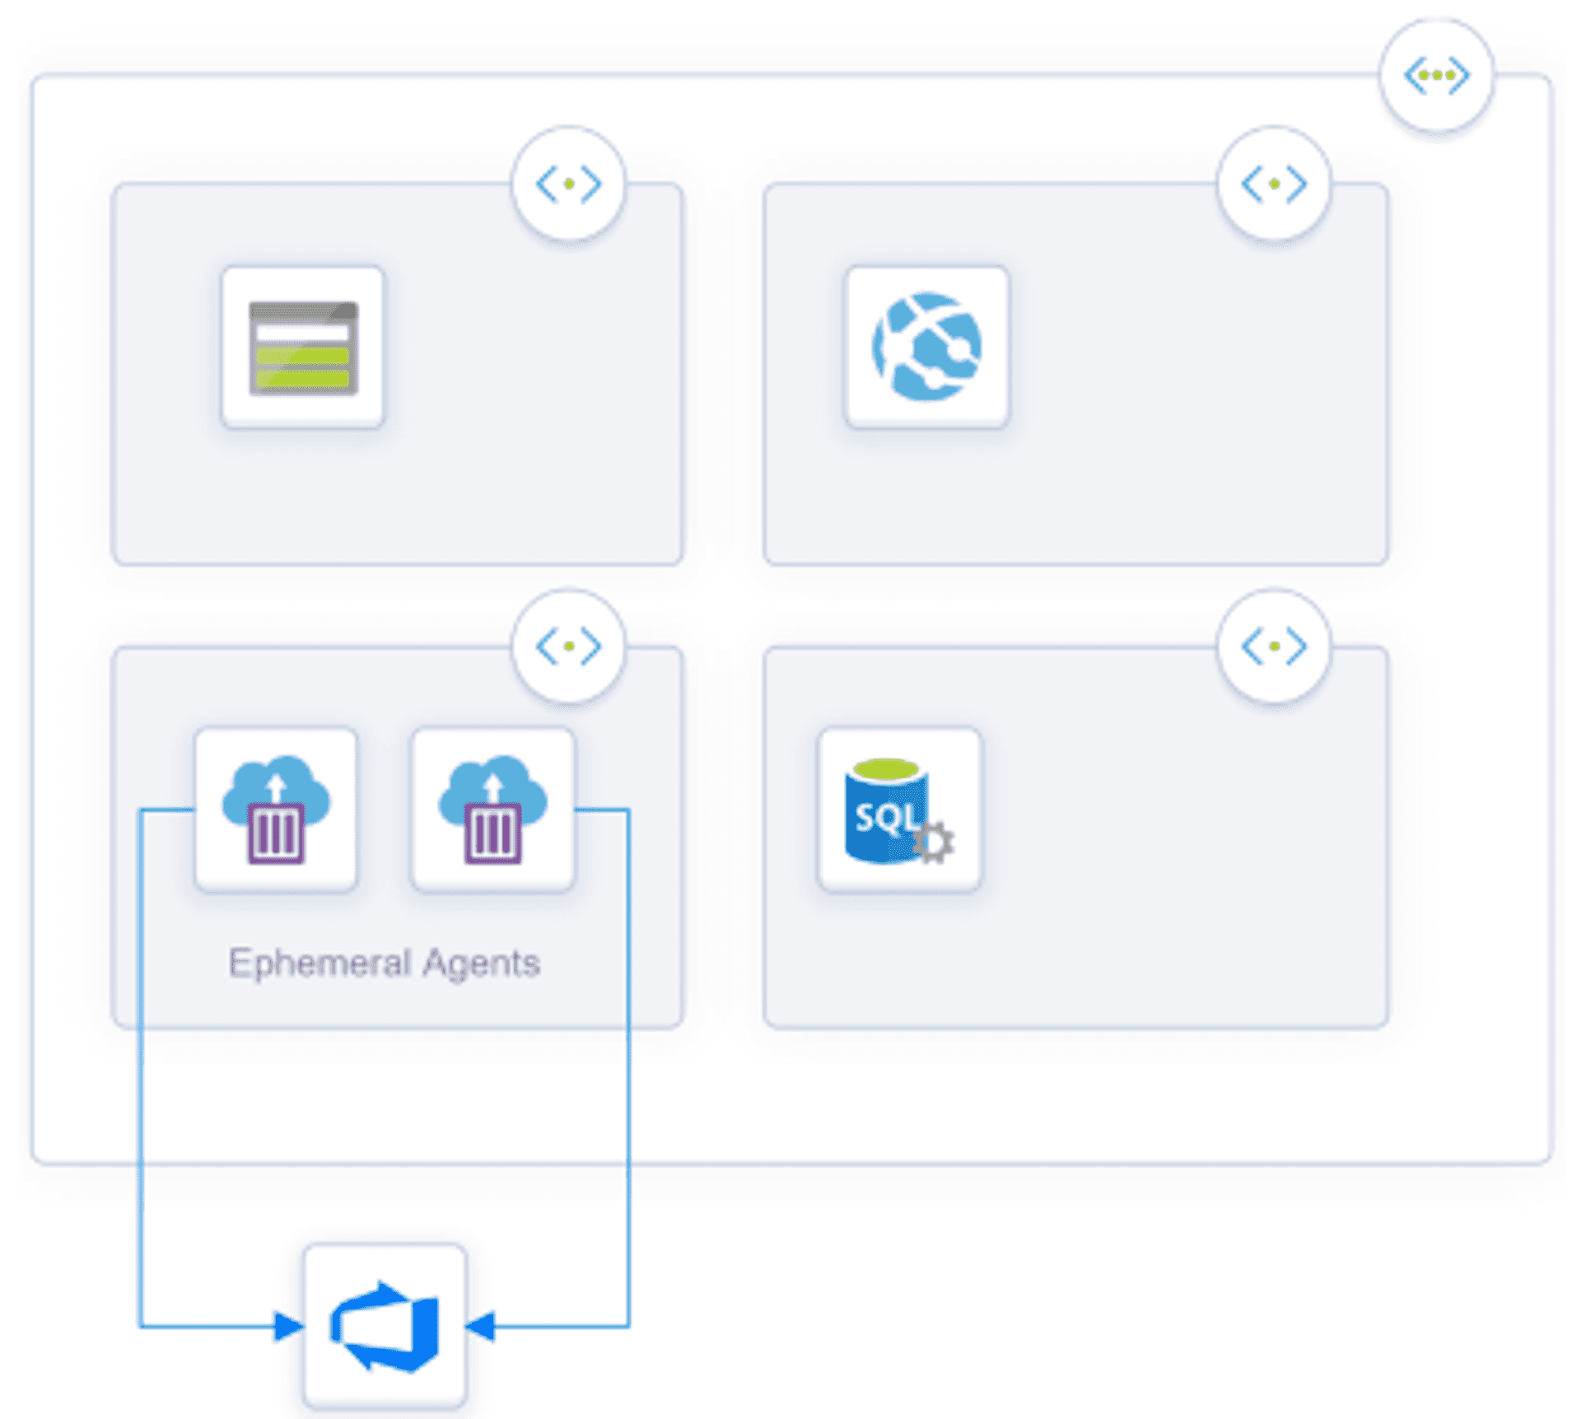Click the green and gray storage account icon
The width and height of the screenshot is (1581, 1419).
[x=303, y=348]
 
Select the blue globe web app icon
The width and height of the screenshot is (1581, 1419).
[x=926, y=348]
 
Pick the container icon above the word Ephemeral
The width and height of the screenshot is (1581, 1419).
[x=276, y=810]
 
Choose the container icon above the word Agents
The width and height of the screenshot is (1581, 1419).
[x=492, y=810]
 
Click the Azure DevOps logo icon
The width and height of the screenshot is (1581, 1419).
[x=385, y=1326]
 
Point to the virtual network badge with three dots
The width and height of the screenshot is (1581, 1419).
[x=1437, y=76]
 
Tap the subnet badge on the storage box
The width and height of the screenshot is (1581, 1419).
[x=568, y=184]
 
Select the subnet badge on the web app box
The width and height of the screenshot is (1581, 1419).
[x=1274, y=184]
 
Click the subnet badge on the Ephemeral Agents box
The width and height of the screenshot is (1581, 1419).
[x=568, y=646]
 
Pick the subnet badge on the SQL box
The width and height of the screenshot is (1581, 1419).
[x=1274, y=646]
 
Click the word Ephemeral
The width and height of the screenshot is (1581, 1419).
[x=319, y=964]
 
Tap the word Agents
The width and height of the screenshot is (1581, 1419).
[x=482, y=964]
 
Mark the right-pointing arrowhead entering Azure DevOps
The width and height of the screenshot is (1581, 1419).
[x=288, y=1327]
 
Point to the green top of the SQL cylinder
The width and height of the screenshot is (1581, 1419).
[x=886, y=770]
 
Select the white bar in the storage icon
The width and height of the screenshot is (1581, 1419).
[x=303, y=333]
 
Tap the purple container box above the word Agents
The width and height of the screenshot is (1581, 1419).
[x=492, y=834]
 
